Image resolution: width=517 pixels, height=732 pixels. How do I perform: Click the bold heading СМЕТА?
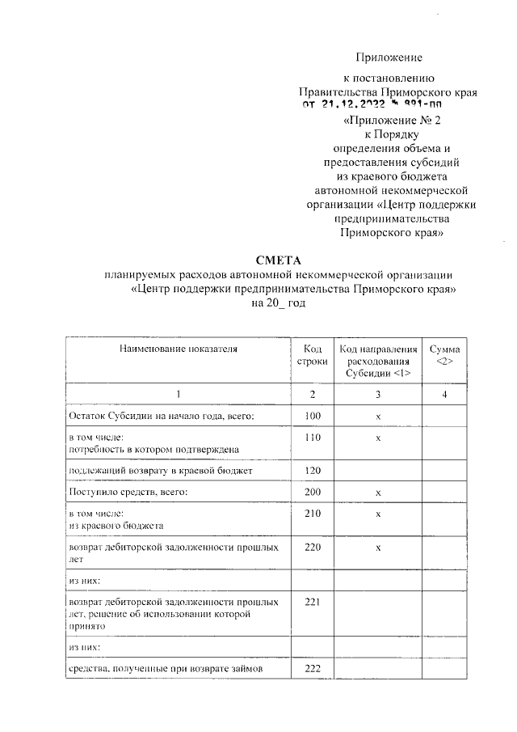(x=277, y=260)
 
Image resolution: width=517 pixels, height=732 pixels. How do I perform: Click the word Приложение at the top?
(x=390, y=57)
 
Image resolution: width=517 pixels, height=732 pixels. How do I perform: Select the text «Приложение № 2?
(x=393, y=121)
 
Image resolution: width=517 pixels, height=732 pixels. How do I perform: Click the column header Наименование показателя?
(x=179, y=349)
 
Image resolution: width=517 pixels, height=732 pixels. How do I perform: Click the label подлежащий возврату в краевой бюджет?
(x=161, y=470)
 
